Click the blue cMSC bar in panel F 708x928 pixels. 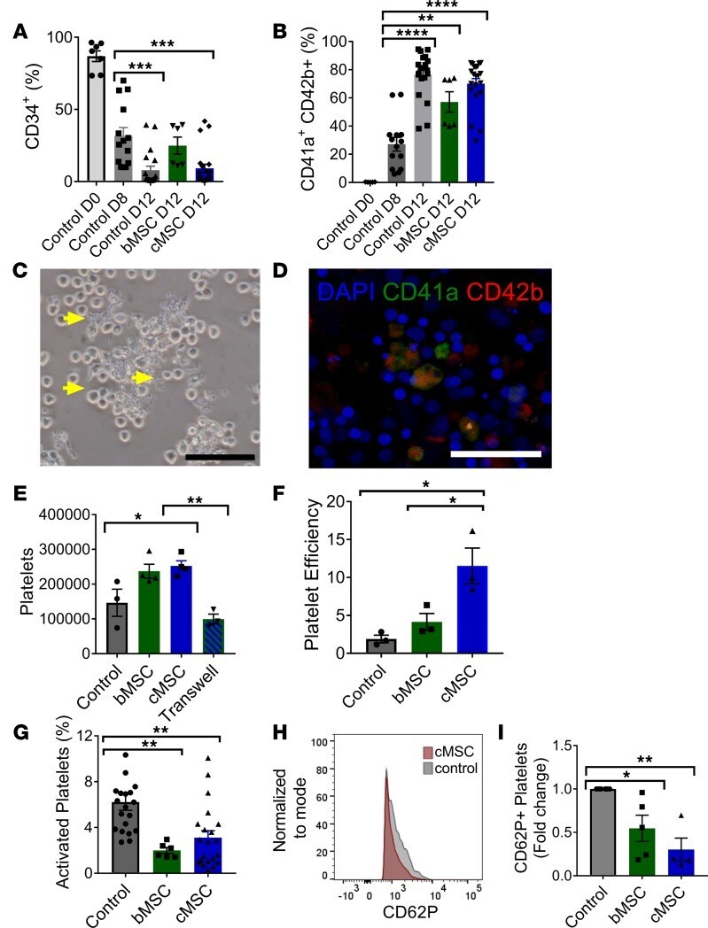[x=474, y=610]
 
